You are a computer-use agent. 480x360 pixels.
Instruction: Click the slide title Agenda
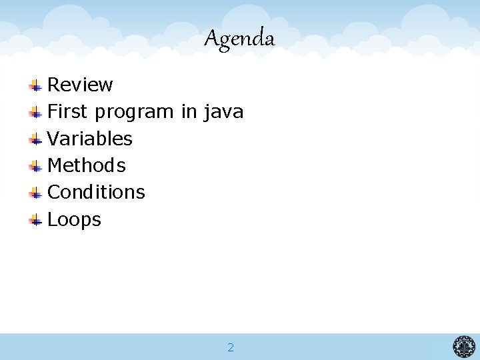[x=239, y=39]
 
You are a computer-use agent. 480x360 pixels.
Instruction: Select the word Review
[x=80, y=85]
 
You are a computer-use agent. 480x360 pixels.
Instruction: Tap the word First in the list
[x=68, y=112]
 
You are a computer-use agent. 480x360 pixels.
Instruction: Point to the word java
[x=223, y=112]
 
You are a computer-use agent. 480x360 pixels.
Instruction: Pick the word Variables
[x=90, y=139]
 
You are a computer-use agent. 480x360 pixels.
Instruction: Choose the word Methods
[x=87, y=165]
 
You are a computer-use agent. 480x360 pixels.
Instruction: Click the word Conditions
[x=96, y=192]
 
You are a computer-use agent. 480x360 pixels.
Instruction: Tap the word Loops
[x=74, y=219]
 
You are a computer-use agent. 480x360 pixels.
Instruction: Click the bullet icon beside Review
[x=36, y=85]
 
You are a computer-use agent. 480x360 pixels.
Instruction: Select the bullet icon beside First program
[x=36, y=112]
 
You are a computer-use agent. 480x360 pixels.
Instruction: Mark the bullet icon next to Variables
[x=36, y=139]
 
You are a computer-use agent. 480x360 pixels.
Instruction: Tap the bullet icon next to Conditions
[x=36, y=193]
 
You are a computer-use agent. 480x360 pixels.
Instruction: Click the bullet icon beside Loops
[x=36, y=220]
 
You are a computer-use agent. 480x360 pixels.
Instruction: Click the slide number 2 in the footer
[x=231, y=347]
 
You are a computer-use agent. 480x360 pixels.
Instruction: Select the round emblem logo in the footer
[x=464, y=347]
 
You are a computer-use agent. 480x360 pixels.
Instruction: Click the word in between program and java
[x=189, y=112]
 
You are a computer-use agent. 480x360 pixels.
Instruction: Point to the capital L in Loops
[x=52, y=219]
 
